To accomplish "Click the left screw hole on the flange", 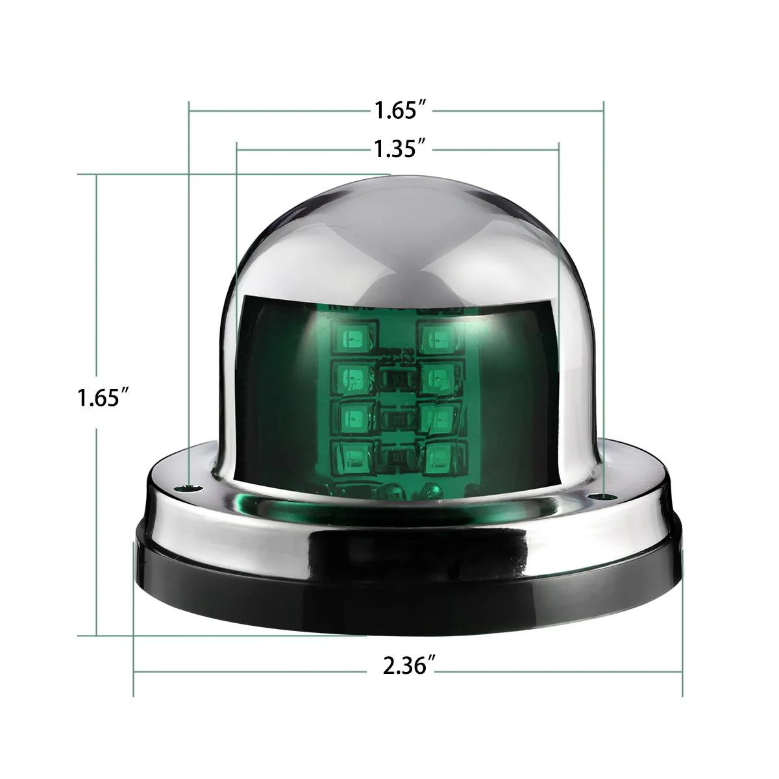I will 190,485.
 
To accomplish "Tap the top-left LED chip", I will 351,337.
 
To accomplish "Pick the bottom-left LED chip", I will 351,453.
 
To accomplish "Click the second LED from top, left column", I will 351,375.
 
